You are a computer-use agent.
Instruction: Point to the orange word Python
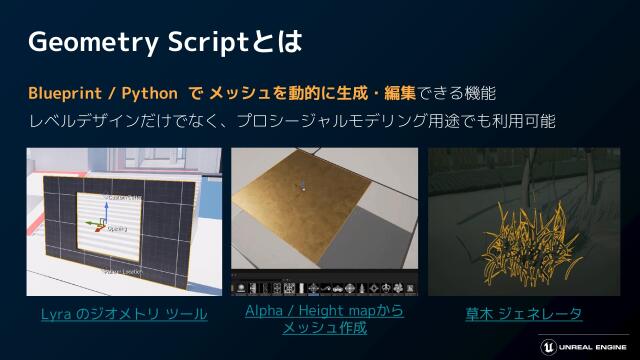click(149, 93)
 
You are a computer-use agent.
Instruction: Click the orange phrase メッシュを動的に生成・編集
click(301, 93)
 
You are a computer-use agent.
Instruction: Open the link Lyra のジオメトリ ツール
click(124, 314)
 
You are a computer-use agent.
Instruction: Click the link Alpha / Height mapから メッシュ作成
click(323, 319)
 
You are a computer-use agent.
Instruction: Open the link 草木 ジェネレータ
click(523, 314)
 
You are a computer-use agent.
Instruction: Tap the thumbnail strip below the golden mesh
click(323, 288)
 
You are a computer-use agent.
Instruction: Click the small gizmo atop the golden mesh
click(298, 185)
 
